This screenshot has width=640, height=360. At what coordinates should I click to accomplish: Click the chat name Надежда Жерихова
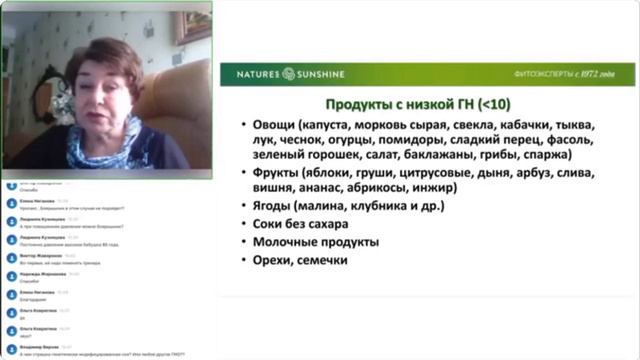pyautogui.click(x=40, y=272)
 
